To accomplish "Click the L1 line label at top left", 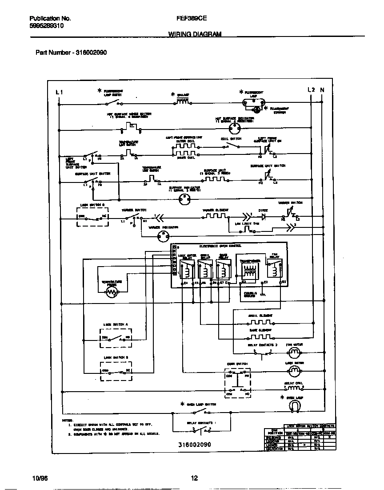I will [59, 92].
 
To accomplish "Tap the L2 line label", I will [311, 90].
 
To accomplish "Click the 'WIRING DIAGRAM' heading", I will [195, 34].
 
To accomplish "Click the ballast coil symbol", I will [182, 102].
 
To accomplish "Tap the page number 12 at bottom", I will [194, 478].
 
